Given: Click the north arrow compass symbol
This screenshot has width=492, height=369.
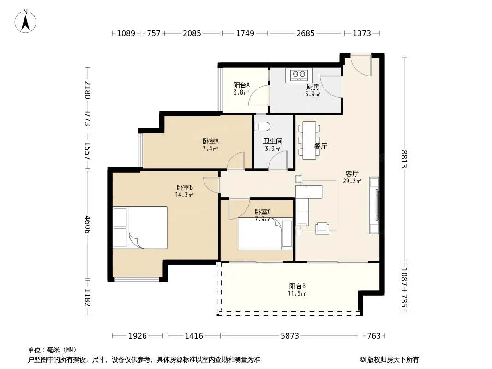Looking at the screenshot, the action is click(x=25, y=21).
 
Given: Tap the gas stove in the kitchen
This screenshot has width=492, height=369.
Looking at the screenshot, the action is click(x=299, y=75).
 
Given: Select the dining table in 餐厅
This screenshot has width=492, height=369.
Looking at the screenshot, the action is click(x=309, y=140).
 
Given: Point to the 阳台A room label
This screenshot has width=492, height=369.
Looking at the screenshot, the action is click(x=241, y=85).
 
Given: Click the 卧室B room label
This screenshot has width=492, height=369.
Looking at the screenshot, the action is click(x=185, y=187).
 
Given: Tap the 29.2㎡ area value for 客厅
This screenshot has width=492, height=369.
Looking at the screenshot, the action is click(x=352, y=181).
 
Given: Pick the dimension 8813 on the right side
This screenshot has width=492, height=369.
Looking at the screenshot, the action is click(x=404, y=159).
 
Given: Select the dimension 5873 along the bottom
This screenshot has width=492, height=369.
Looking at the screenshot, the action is click(x=289, y=336).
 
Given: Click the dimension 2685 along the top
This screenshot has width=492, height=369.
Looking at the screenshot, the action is click(x=305, y=33).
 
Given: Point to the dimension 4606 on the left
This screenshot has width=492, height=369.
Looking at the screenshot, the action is click(x=87, y=225).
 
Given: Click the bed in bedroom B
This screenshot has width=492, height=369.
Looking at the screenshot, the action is click(x=140, y=227).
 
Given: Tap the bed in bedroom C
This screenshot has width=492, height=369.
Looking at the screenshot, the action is click(x=265, y=234).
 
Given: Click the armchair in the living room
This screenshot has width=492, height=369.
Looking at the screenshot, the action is click(x=322, y=228).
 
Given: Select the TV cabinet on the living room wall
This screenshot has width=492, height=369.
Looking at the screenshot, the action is click(x=374, y=205).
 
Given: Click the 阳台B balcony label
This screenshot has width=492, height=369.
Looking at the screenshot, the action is click(x=297, y=286).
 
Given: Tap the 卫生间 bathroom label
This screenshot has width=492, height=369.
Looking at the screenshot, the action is click(x=272, y=142).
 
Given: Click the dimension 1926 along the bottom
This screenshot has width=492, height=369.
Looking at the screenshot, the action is click(x=138, y=336).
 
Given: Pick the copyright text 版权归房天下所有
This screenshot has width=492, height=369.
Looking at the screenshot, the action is click(x=393, y=360).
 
